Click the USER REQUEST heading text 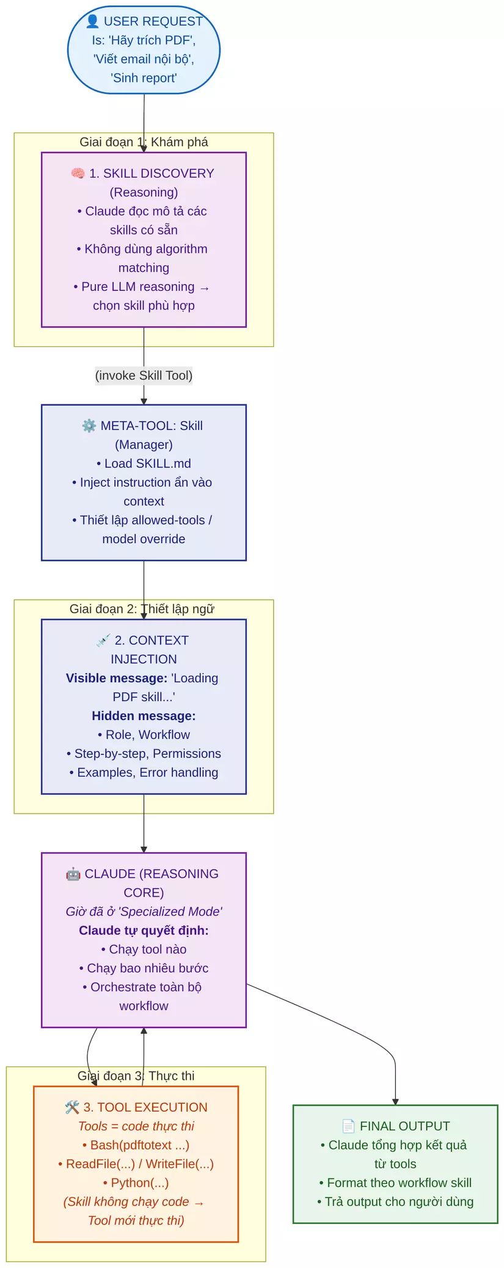pyautogui.click(x=153, y=21)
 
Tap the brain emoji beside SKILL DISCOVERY pyautogui.click(x=78, y=173)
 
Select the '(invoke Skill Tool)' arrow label pyautogui.click(x=144, y=376)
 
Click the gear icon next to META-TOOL pyautogui.click(x=89, y=426)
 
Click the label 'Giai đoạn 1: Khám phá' pyautogui.click(x=144, y=142)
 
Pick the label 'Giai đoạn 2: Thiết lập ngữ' pyautogui.click(x=142, y=609)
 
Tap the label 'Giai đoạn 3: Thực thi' pyautogui.click(x=136, y=1076)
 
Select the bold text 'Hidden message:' pyautogui.click(x=144, y=716)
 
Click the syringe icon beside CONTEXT pyautogui.click(x=103, y=640)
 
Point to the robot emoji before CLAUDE pyautogui.click(x=73, y=874)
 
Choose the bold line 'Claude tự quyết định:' pyautogui.click(x=144, y=930)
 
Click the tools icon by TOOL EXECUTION pyautogui.click(x=72, y=1107)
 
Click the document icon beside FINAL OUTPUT pyautogui.click(x=348, y=1126)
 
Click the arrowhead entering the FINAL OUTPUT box pyautogui.click(x=395, y=1101)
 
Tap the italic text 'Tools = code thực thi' pyautogui.click(x=136, y=1126)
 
